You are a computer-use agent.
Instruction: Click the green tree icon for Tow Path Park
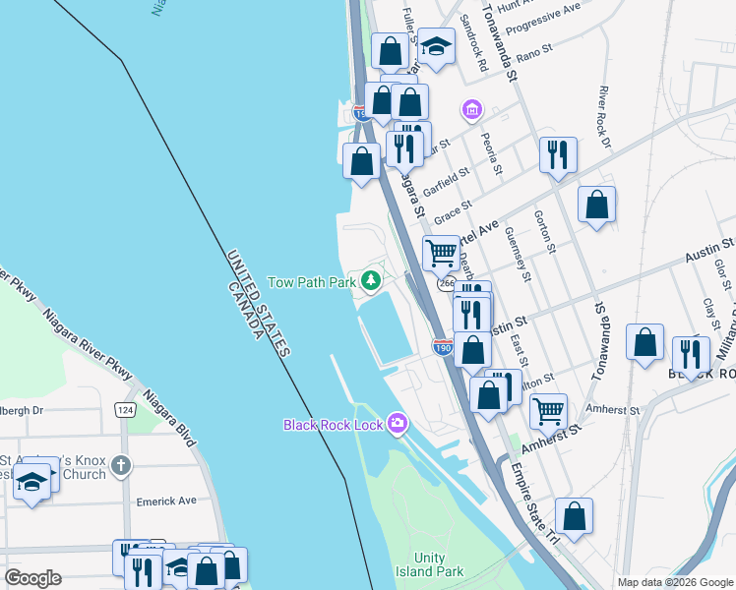tap(371, 282)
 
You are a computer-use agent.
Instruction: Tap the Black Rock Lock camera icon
tap(398, 424)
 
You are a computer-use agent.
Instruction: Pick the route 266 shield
tap(447, 283)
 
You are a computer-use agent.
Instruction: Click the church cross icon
tap(120, 465)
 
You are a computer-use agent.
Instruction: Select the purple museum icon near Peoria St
tap(472, 108)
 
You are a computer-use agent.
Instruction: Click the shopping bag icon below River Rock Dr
tap(596, 205)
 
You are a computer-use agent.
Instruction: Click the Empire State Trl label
tap(533, 501)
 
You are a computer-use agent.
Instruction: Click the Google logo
tap(32, 578)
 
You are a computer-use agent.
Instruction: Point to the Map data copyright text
tap(674, 582)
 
